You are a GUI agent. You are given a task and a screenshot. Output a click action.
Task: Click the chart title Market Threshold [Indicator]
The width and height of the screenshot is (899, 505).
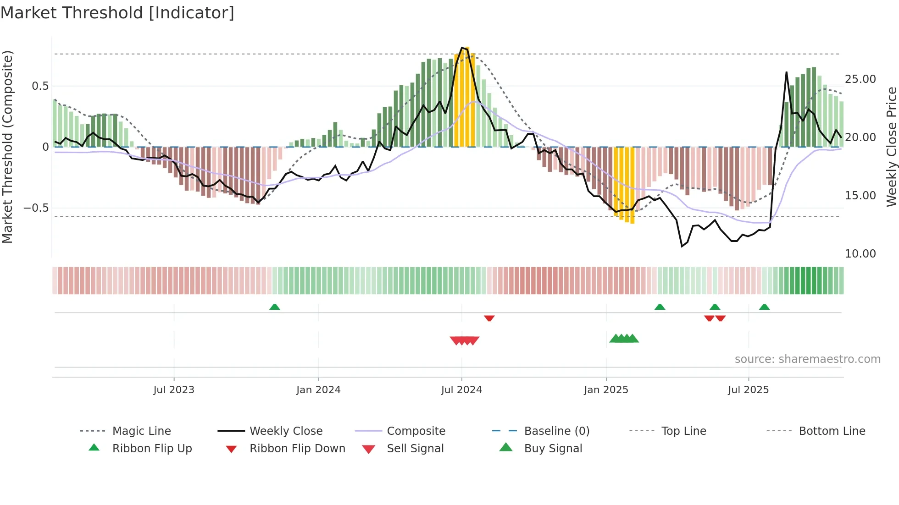[x=117, y=13]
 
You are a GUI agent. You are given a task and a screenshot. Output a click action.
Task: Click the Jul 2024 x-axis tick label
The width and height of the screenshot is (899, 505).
[x=461, y=390]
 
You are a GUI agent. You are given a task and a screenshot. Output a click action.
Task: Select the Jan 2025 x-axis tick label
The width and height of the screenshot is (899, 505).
[x=606, y=390]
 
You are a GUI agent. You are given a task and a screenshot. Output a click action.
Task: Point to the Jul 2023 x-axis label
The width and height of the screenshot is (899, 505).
[x=174, y=390]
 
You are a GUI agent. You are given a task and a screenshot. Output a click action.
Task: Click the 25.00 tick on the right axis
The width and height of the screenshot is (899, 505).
[x=860, y=79]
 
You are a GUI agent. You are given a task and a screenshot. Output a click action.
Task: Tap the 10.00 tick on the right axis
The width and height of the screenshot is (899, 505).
[x=860, y=254]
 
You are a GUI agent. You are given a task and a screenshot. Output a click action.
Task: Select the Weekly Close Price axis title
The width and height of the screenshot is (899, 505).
[x=891, y=147]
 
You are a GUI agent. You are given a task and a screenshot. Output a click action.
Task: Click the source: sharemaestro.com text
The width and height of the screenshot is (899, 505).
[x=807, y=359]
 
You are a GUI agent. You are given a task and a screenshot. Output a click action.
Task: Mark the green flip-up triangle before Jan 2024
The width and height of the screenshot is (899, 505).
[x=274, y=307]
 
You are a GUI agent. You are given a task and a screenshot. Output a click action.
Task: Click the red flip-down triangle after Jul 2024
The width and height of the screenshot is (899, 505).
[x=489, y=318]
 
